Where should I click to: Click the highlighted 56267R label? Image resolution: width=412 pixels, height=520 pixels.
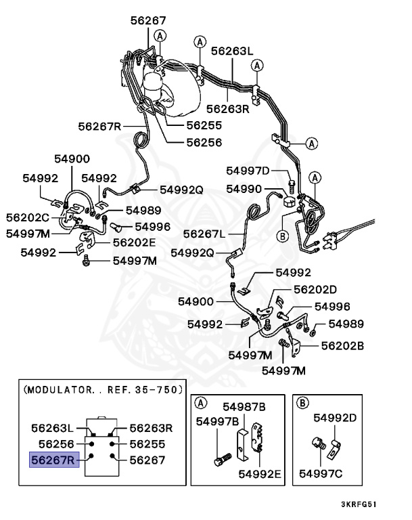click(53, 460)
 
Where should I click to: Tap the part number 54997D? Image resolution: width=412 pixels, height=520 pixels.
click(248, 171)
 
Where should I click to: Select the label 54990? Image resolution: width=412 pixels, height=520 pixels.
click(244, 189)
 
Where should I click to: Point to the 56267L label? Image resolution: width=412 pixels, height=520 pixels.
click(204, 234)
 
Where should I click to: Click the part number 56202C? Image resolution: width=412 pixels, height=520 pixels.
click(28, 217)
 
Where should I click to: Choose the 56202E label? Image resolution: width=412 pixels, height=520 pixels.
click(134, 241)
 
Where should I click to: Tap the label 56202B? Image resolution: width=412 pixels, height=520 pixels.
click(342, 345)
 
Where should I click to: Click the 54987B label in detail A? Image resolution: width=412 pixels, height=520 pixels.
click(244, 406)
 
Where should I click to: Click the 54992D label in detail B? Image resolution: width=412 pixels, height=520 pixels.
click(334, 417)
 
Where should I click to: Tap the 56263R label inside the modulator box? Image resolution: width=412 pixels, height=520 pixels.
click(151, 428)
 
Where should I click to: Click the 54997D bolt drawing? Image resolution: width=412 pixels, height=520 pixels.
click(292, 182)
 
